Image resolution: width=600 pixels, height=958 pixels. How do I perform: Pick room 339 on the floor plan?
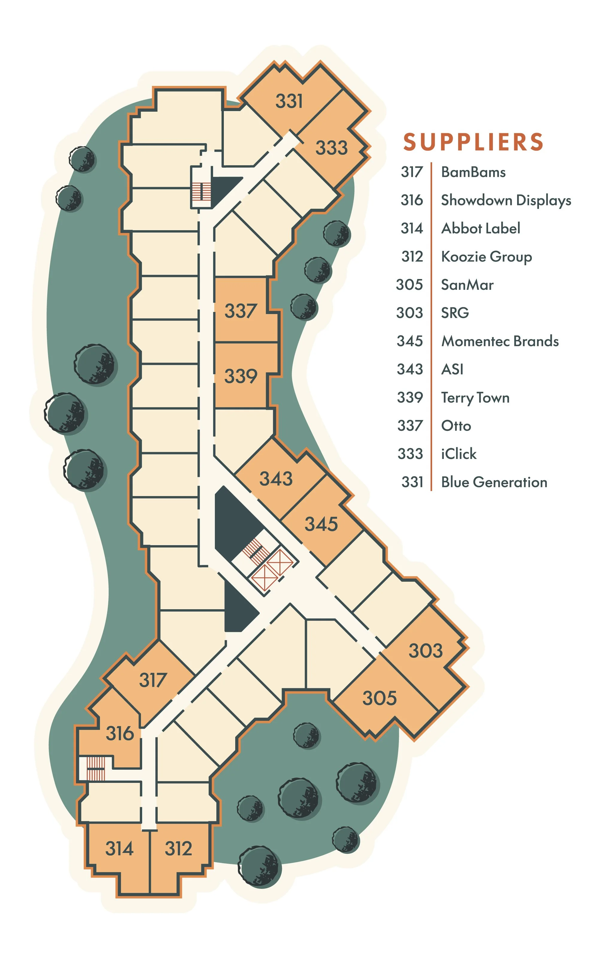[x=241, y=376]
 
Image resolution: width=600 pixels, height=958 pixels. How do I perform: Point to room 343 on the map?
[x=276, y=478]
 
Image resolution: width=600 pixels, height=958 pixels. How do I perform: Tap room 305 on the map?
[x=379, y=698]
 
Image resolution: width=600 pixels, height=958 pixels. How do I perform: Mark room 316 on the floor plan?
[x=120, y=733]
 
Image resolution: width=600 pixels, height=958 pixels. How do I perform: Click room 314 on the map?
[x=119, y=849]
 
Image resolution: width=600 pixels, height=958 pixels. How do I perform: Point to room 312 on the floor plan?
[x=179, y=849]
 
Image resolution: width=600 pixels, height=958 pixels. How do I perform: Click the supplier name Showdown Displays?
[x=506, y=201]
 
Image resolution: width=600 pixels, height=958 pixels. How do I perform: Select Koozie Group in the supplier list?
[x=487, y=257]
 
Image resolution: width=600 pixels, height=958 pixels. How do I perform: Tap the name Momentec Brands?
[x=500, y=341]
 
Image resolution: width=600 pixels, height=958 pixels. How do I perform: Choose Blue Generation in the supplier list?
[x=494, y=482]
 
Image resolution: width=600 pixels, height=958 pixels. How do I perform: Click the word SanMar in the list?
[x=467, y=285]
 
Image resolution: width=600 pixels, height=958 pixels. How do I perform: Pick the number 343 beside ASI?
[x=410, y=369]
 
